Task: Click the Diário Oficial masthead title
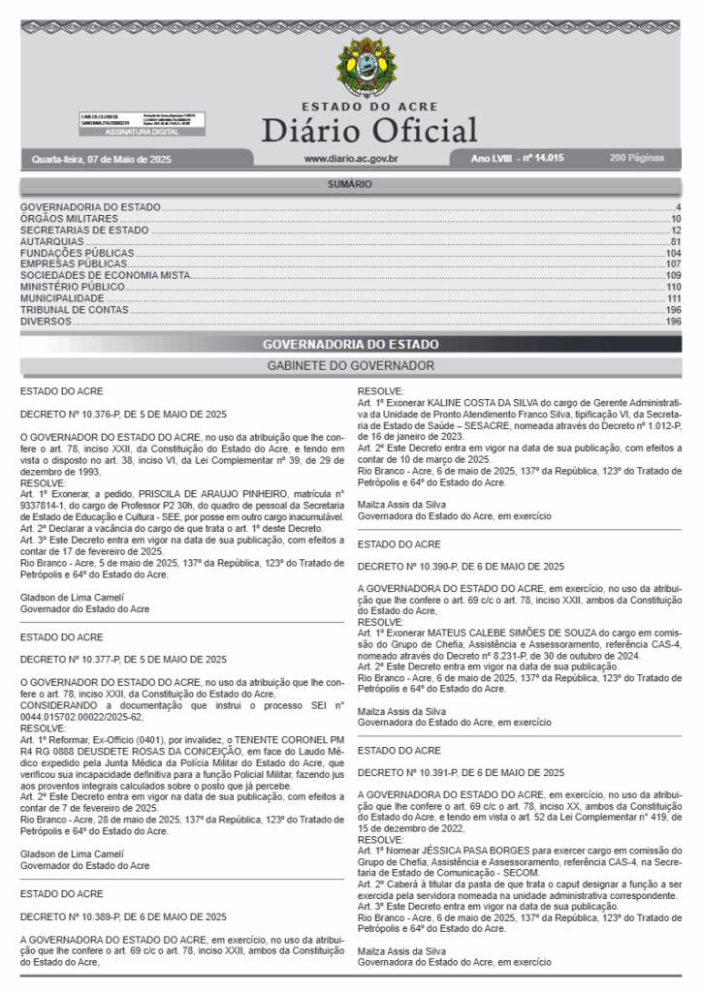[x=369, y=130]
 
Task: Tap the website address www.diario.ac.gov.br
[x=351, y=158]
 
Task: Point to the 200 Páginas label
[x=637, y=157]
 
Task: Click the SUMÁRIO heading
[x=350, y=184]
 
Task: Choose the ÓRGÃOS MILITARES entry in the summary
[x=69, y=219]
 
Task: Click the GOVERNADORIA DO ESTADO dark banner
[x=350, y=344]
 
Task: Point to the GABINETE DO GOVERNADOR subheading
[x=350, y=365]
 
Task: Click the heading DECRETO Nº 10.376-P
[x=123, y=414]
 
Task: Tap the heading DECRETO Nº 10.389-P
[x=123, y=916]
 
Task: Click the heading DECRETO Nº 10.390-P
[x=461, y=566]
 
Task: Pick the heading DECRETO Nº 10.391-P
[x=461, y=772]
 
